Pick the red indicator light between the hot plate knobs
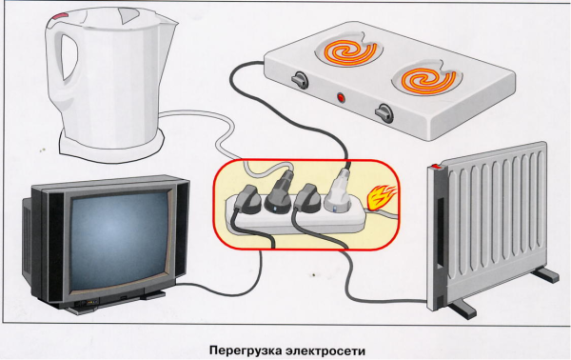tap(340, 97)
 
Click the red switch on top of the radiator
tap(436, 170)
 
